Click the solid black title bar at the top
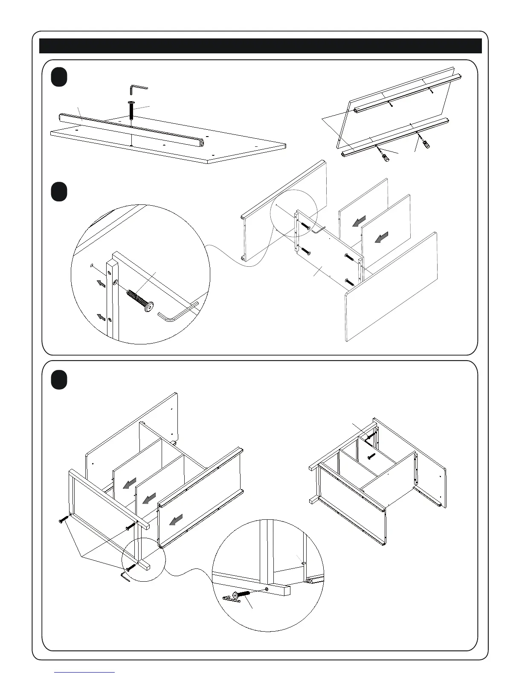[260, 46]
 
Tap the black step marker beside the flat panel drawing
[59, 78]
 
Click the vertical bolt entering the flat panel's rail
[132, 111]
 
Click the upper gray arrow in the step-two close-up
[100, 283]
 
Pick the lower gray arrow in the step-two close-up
[101, 317]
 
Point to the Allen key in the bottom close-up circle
[231, 599]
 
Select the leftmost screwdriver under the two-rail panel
[384, 155]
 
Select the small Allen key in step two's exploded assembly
[318, 230]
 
